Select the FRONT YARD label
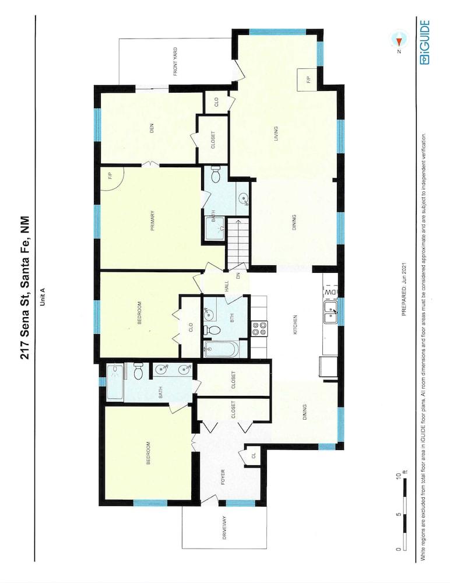[x=175, y=62]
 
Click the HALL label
[x=226, y=286]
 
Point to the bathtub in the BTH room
[x=221, y=350]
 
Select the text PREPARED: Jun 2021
[x=405, y=289]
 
